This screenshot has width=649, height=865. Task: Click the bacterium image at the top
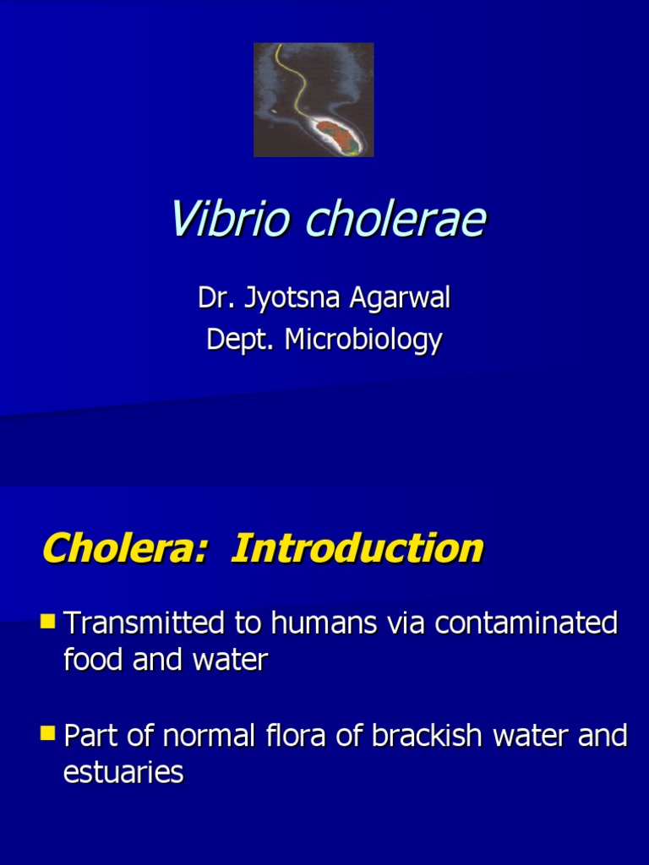click(314, 100)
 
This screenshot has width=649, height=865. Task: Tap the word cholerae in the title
click(395, 220)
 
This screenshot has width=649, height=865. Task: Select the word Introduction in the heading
click(357, 549)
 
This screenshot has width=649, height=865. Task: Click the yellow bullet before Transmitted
click(47, 623)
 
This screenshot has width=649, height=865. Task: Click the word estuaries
click(123, 772)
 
